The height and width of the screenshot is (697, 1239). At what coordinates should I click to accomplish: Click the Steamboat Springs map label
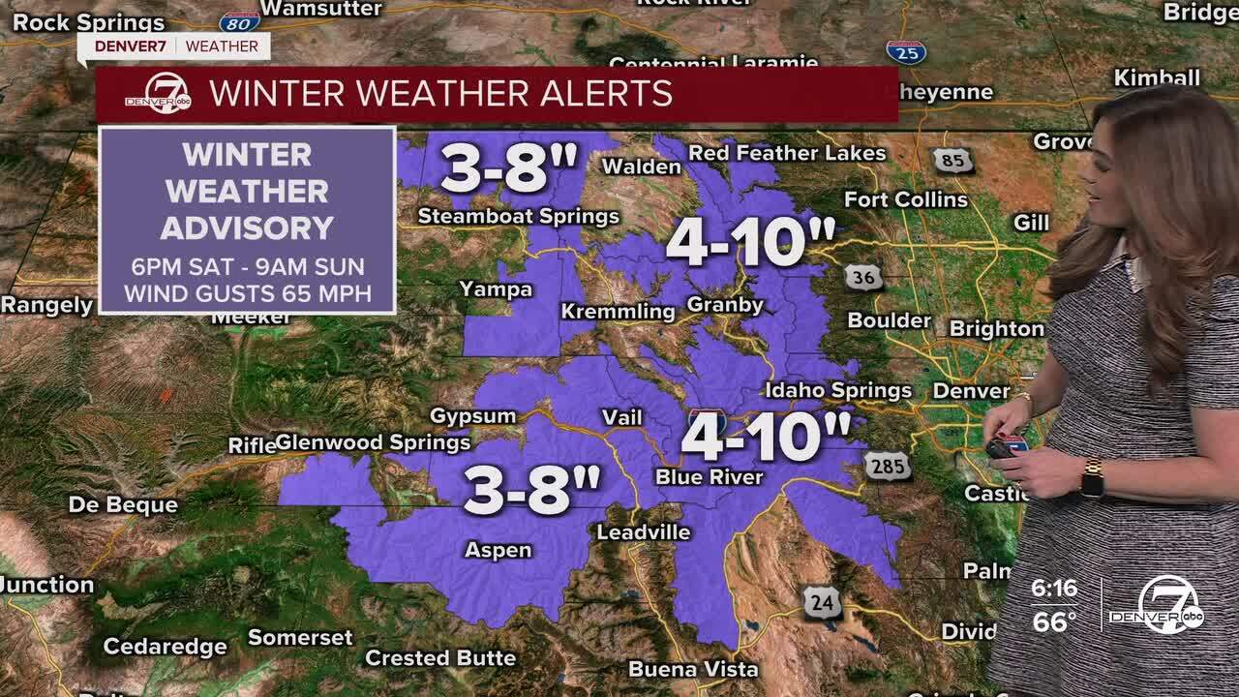pos(518,216)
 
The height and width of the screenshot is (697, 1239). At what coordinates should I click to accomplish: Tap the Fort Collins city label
pos(905,199)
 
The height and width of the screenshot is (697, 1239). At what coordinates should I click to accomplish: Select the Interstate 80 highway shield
pos(239,20)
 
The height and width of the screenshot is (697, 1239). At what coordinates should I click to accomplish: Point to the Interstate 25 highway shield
pos(905,52)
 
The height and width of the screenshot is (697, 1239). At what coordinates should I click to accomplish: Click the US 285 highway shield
pos(888,467)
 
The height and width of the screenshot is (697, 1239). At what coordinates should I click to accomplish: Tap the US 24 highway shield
pos(822,603)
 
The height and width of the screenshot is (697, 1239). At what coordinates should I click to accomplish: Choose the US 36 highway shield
pos(862,277)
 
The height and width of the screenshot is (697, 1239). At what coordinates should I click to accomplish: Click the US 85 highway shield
pos(952,160)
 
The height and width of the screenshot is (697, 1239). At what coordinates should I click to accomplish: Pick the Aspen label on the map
pos(499,550)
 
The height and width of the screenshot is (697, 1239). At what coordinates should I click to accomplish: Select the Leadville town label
pos(644,532)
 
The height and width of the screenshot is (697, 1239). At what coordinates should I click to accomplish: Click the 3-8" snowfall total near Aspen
pos(531,489)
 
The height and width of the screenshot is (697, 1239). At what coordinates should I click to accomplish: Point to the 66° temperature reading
pos(1054,621)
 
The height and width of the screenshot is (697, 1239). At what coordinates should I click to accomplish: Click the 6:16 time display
pos(1054,589)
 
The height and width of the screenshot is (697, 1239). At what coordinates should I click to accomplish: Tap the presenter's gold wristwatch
pos(1092,477)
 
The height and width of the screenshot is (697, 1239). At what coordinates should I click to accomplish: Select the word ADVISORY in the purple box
pos(247,228)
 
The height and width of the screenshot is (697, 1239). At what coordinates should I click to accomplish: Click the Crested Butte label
pos(440,658)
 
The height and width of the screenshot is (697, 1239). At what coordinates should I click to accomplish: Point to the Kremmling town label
pos(619,312)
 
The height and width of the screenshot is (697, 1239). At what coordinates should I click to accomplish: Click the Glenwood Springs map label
pos(374,442)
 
